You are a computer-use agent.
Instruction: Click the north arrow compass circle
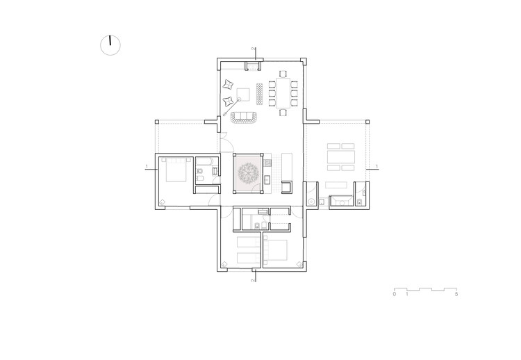(110, 45)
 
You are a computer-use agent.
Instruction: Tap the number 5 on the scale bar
(456, 294)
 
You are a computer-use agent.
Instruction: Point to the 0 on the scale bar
(395, 294)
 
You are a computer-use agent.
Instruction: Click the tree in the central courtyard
(248, 173)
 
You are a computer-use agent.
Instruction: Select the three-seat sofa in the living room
(245, 117)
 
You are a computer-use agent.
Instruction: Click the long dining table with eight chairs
(283, 92)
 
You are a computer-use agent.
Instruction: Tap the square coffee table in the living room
(243, 94)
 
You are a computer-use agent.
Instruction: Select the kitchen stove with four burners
(267, 163)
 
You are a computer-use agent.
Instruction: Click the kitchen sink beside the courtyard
(267, 181)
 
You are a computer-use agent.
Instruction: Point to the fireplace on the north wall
(253, 66)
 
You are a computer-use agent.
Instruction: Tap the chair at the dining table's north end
(283, 74)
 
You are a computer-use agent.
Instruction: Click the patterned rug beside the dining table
(260, 94)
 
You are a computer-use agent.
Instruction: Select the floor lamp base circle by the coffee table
(238, 99)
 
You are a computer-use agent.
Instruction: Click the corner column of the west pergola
(157, 122)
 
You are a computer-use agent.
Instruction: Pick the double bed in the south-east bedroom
(276, 250)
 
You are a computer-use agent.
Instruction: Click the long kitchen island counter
(287, 166)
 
